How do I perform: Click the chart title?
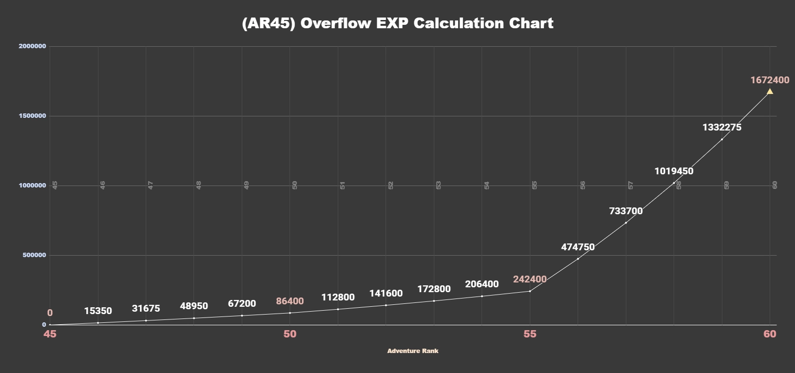pyautogui.click(x=397, y=23)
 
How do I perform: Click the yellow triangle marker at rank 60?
pyautogui.click(x=770, y=92)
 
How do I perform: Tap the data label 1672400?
pyautogui.click(x=770, y=80)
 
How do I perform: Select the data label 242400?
pyautogui.click(x=530, y=280)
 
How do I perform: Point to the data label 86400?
pyautogui.click(x=290, y=301)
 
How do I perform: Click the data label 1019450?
pyautogui.click(x=674, y=171)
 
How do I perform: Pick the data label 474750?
pyautogui.click(x=578, y=247)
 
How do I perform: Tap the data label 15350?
pyautogui.click(x=98, y=311)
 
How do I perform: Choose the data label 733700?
pyautogui.click(x=626, y=211)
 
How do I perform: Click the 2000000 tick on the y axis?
pyautogui.click(x=32, y=46)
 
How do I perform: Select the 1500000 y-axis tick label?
pyautogui.click(x=32, y=116)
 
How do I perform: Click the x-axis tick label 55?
pyautogui.click(x=530, y=334)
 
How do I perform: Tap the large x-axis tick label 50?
pyautogui.click(x=290, y=334)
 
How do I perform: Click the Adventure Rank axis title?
pyautogui.click(x=413, y=351)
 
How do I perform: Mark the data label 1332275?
pyautogui.click(x=722, y=128)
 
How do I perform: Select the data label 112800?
pyautogui.click(x=338, y=298)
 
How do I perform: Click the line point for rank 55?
pyautogui.click(x=530, y=291)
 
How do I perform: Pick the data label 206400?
pyautogui.click(x=482, y=284)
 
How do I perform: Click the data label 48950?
pyautogui.click(x=194, y=306)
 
